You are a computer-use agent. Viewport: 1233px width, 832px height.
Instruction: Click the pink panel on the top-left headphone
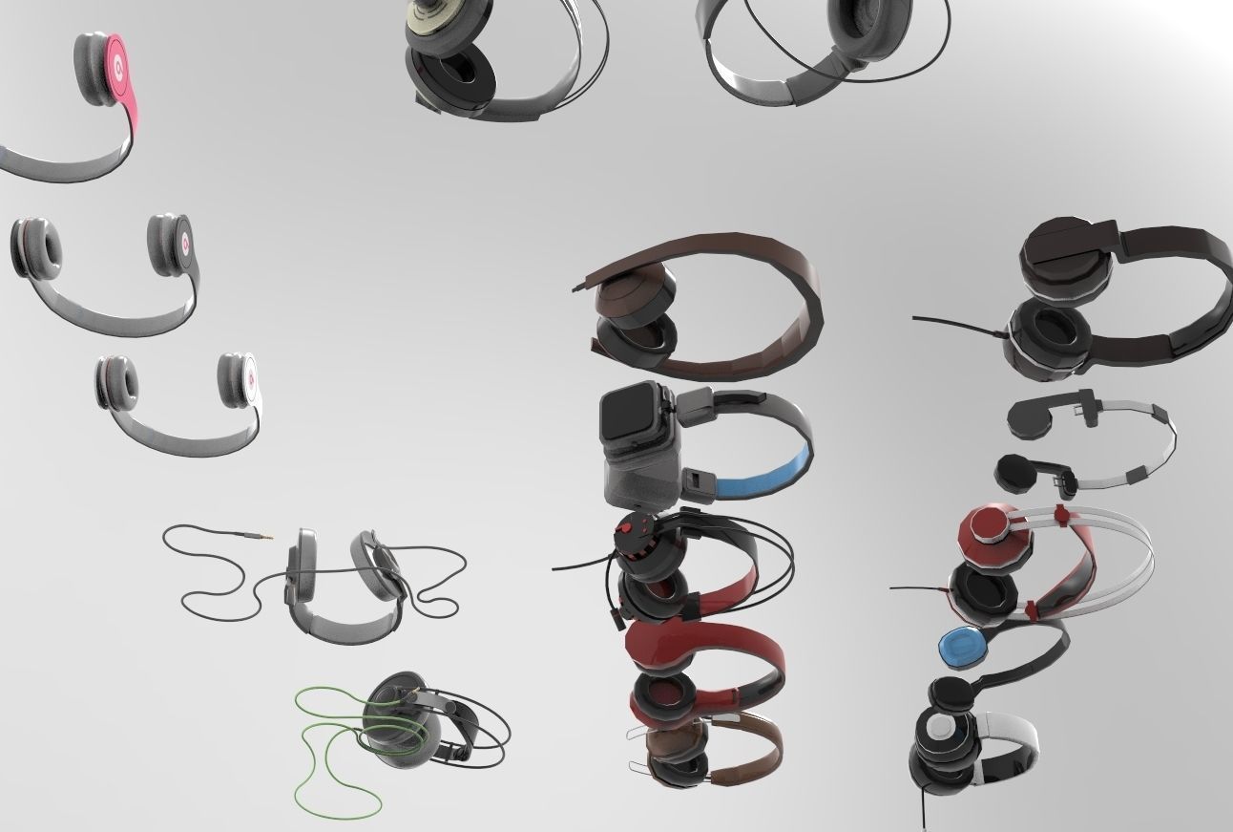[x=116, y=69]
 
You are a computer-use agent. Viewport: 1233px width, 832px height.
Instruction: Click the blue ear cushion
[x=963, y=649]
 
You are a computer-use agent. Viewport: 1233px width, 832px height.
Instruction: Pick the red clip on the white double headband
[x=1060, y=517]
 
